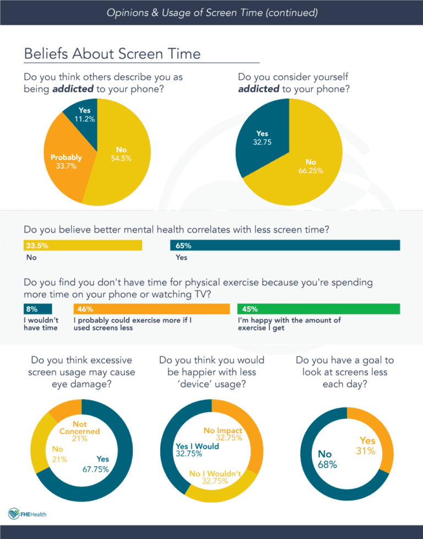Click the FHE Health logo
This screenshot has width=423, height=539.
28,514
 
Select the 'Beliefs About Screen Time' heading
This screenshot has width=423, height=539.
112,53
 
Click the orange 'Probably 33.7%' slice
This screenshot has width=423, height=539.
66,161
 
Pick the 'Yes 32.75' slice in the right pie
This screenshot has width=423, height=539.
262,137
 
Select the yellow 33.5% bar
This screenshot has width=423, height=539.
83,245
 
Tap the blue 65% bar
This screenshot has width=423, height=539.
285,245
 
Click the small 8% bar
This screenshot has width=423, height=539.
37,309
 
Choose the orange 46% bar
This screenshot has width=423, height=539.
151,309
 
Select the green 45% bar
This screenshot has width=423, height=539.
318,309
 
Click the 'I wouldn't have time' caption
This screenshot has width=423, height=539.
40,324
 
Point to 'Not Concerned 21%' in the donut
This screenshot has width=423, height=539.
79,431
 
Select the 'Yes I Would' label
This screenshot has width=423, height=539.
197,450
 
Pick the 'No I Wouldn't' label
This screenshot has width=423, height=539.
215,477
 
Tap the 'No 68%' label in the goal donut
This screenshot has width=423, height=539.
327,459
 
